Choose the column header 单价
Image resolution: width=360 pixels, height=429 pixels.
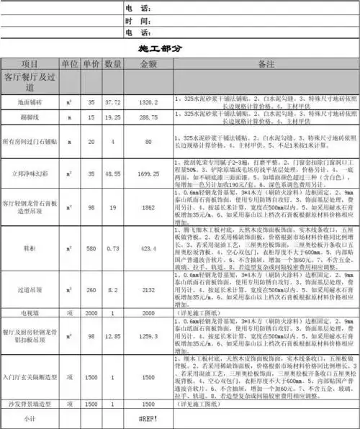pos(91,64)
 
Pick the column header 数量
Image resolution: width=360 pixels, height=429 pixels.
pos(113,64)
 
